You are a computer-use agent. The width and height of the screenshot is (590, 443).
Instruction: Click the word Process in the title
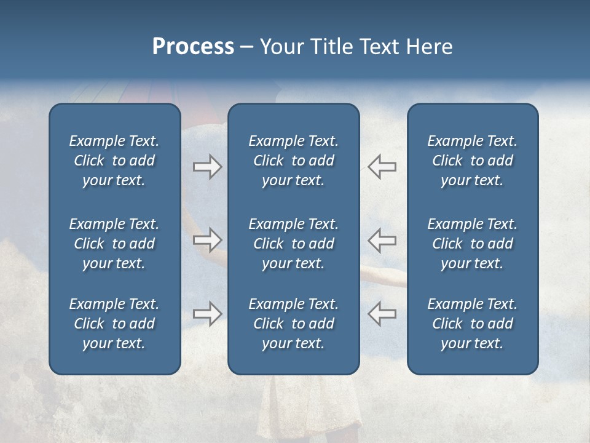tap(193, 47)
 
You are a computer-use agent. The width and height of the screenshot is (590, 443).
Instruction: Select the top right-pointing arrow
tap(207, 167)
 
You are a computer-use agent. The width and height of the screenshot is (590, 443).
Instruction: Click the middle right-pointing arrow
tap(207, 240)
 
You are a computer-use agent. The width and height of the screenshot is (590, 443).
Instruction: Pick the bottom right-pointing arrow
tap(207, 313)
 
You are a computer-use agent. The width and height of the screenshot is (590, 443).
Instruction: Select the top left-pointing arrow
tap(382, 167)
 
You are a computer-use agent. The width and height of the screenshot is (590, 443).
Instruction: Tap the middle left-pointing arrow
tap(382, 240)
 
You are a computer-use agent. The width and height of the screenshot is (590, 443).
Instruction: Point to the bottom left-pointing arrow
tap(382, 313)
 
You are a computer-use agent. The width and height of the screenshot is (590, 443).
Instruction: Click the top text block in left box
tap(114, 161)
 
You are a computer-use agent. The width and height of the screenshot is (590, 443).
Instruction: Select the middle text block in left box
tap(114, 244)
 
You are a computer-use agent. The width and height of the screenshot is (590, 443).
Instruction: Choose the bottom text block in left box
tap(114, 324)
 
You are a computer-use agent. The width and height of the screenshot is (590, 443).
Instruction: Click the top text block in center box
tap(293, 161)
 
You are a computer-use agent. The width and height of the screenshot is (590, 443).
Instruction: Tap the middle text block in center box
tap(293, 244)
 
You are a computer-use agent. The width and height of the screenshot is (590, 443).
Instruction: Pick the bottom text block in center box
tap(293, 324)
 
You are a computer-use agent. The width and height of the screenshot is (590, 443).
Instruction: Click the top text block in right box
tap(472, 161)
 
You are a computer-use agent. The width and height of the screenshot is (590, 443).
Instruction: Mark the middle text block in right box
tap(472, 244)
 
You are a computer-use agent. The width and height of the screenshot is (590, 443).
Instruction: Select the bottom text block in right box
tap(472, 324)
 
